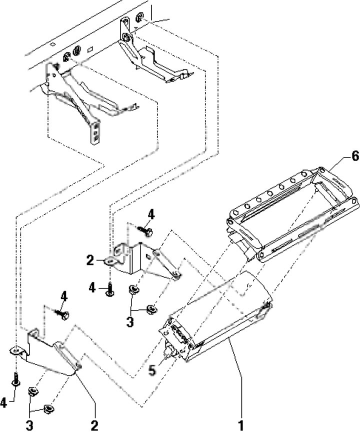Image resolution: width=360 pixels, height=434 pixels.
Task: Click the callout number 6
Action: [x=340, y=156]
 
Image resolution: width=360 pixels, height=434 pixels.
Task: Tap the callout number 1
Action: [x=241, y=426]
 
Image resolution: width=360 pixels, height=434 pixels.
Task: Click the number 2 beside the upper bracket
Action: [x=90, y=260]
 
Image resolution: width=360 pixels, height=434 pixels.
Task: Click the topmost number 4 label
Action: [x=150, y=214]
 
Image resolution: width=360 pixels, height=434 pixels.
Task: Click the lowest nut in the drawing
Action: [x=48, y=409]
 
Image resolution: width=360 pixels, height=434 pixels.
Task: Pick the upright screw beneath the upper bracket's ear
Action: [x=108, y=288]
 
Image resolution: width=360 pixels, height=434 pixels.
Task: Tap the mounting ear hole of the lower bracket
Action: [x=16, y=351]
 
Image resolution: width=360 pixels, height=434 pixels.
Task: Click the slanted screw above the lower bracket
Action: [x=62, y=315]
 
